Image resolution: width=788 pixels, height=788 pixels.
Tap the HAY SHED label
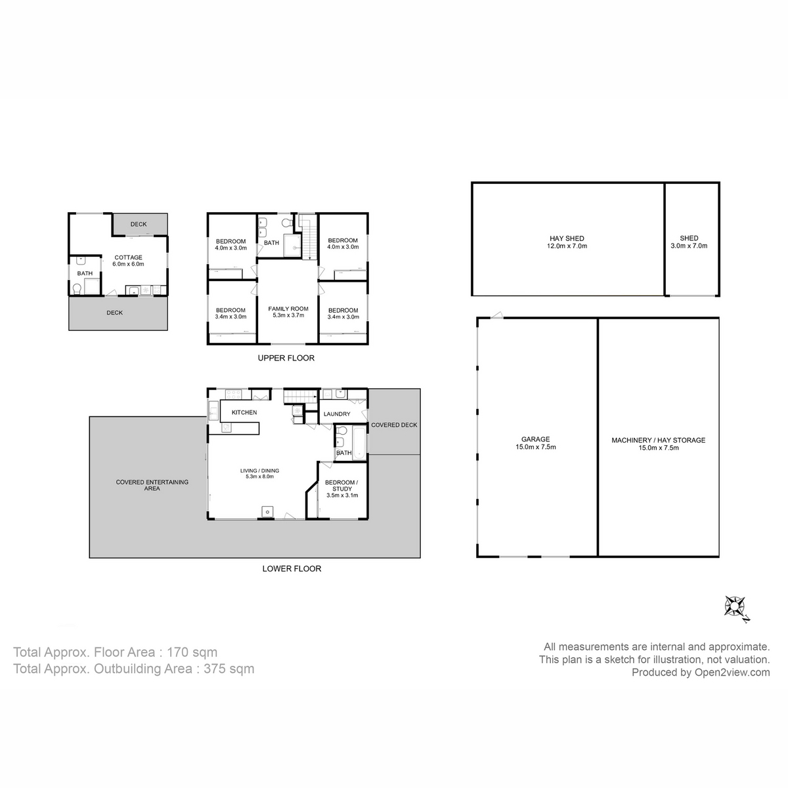click(567, 242)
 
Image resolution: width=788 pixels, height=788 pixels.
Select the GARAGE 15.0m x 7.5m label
click(535, 443)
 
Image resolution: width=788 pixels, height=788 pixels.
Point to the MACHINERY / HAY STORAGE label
click(659, 444)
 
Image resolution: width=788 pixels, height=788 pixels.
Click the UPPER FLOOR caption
click(286, 358)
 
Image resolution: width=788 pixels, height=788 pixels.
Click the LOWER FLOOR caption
click(292, 569)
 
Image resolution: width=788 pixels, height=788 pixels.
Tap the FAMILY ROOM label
click(288, 312)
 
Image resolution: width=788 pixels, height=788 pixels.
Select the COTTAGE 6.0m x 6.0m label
click(129, 261)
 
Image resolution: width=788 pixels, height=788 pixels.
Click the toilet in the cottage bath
click(76, 289)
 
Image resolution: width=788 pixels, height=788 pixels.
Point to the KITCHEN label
click(244, 412)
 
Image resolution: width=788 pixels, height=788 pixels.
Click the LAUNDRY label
click(337, 414)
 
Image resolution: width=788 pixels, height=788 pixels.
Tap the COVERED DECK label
click(394, 425)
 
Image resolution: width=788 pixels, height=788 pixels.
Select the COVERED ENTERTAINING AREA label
click(152, 485)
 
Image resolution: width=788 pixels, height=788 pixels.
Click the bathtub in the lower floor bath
click(359, 443)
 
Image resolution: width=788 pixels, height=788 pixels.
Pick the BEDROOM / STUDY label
click(342, 489)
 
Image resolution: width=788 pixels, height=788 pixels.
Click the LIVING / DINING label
click(259, 473)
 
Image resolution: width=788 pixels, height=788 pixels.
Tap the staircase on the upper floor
click(309, 238)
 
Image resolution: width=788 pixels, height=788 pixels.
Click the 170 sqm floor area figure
click(192, 652)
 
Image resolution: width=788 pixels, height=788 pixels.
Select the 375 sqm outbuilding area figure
click(229, 668)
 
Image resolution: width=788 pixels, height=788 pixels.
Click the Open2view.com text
click(732, 672)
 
